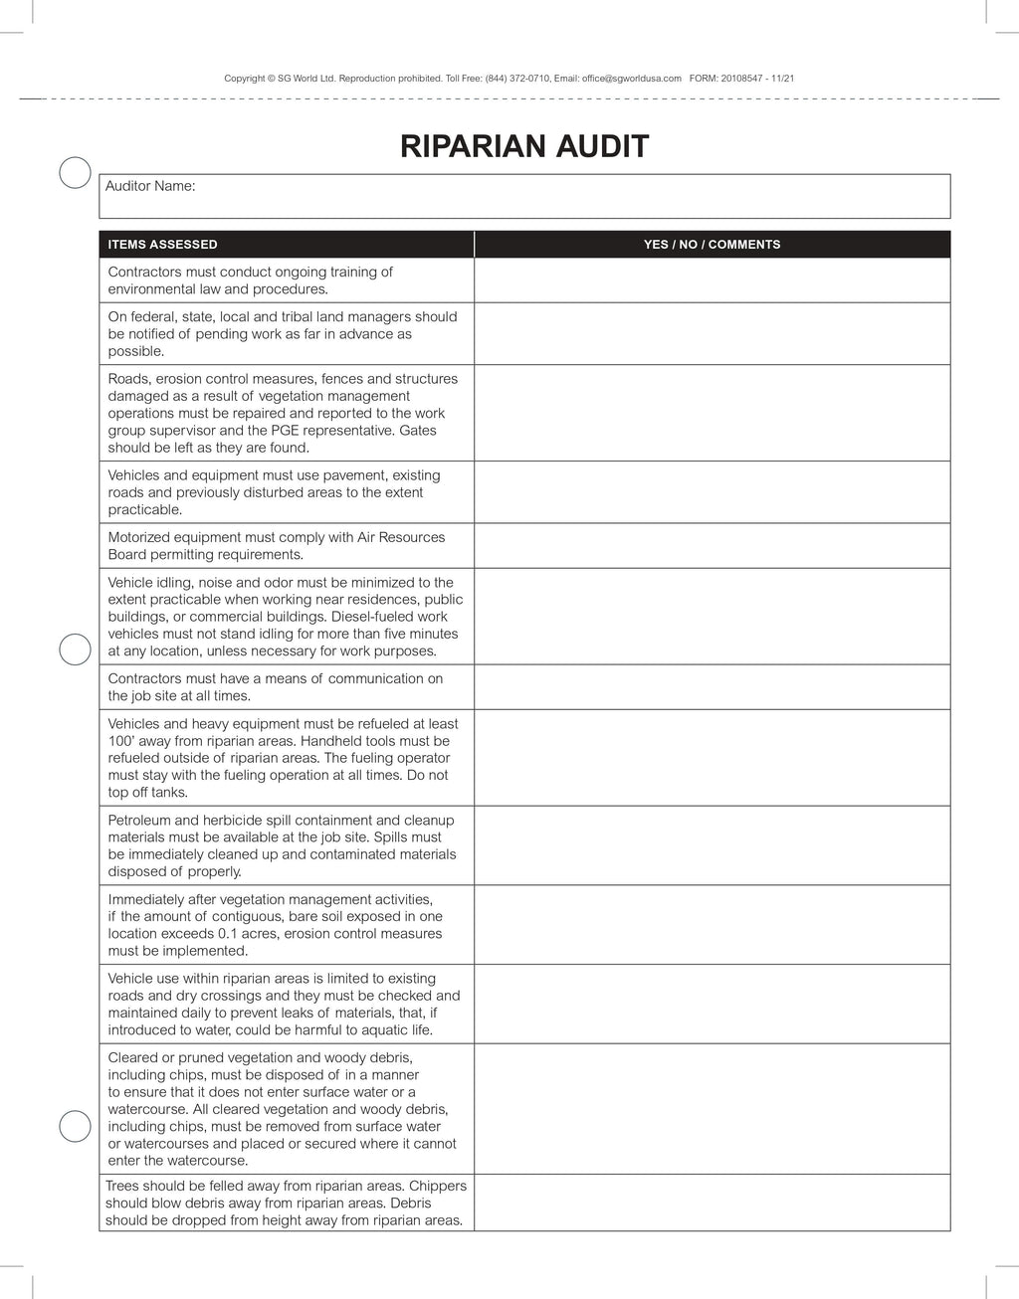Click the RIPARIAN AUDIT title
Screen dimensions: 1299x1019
tap(524, 146)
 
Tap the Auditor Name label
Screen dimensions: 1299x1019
tap(150, 186)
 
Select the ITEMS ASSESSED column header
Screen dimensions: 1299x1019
tap(162, 245)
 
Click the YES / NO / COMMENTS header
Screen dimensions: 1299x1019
tap(712, 245)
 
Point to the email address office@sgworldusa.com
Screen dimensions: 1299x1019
tap(632, 78)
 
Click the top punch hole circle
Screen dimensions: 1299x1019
tap(75, 172)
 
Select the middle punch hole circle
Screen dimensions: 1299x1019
tap(75, 649)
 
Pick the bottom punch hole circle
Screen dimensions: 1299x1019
tap(75, 1126)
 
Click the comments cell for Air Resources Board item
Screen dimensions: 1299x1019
tap(712, 546)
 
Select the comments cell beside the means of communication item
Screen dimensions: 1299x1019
tap(712, 687)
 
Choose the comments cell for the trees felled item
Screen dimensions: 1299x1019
tap(712, 1204)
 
